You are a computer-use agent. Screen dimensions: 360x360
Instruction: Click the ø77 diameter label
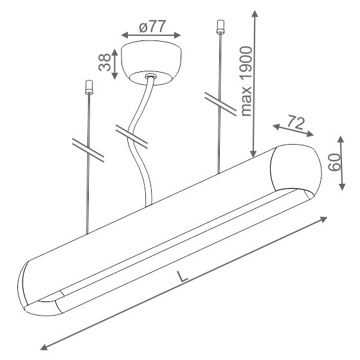pos(152,26)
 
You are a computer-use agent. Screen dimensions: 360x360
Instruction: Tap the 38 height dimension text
pos(104,62)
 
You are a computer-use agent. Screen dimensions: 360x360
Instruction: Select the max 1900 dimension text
pos(246,81)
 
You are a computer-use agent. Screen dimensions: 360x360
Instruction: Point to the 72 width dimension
pos(296,123)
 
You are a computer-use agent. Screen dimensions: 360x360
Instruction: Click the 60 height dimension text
pos(334,163)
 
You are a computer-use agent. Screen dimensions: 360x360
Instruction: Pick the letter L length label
pos(183,276)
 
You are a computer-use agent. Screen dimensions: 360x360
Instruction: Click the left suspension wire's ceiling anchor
pos(89,87)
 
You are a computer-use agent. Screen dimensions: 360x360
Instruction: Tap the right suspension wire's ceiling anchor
pos(220,27)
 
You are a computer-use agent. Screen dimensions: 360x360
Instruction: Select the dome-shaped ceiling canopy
pos(151,62)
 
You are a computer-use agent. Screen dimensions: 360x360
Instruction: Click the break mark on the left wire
pos(88,150)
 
